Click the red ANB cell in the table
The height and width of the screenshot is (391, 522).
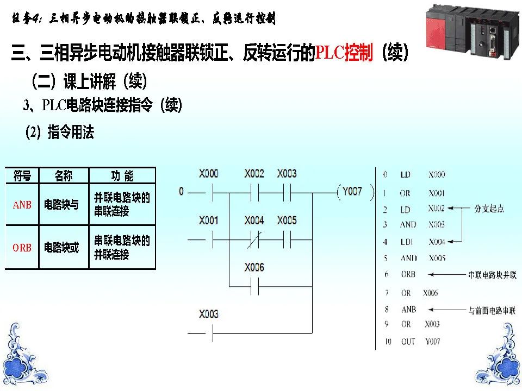(22, 205)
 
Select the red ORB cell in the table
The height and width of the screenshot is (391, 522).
(22, 248)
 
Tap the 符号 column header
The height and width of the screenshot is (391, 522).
(22, 175)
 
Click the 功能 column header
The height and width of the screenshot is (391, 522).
(122, 175)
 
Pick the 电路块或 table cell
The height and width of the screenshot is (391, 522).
(61, 248)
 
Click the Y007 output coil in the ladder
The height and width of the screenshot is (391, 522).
(352, 192)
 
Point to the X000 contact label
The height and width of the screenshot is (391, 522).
(209, 174)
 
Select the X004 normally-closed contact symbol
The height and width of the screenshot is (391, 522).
(254, 239)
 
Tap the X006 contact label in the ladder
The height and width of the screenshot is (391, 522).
(254, 267)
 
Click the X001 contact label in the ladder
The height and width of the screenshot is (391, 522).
(209, 220)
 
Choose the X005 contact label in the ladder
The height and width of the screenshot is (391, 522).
(287, 220)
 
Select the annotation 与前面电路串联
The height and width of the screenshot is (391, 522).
(492, 310)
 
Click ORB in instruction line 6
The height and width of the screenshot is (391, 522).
(408, 274)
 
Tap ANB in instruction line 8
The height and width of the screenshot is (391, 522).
(408, 309)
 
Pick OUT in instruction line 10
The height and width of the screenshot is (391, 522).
(408, 342)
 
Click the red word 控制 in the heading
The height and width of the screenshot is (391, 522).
(358, 54)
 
